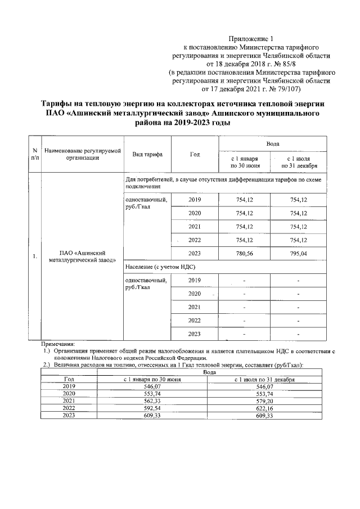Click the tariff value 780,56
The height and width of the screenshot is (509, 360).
click(244, 253)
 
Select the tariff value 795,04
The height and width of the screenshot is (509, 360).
click(298, 253)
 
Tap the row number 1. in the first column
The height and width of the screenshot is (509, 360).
click(35, 257)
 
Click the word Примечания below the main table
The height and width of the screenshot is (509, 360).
click(59, 343)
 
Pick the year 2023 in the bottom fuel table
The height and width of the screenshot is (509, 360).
click(69, 415)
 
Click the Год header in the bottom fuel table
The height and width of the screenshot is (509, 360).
click(69, 379)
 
